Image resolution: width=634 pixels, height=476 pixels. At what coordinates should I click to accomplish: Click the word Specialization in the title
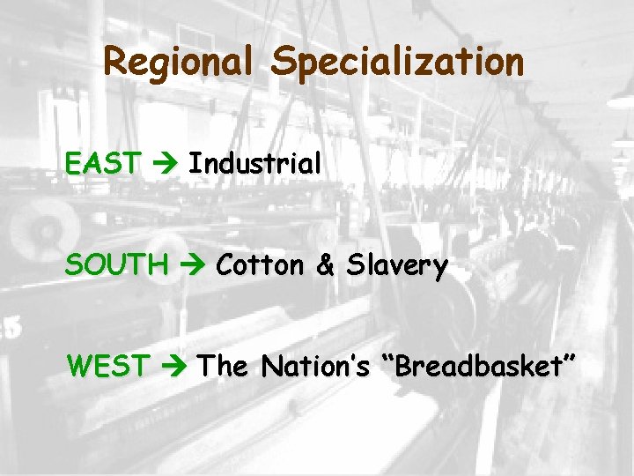[397, 63]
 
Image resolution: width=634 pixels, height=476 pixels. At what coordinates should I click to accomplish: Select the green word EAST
[102, 163]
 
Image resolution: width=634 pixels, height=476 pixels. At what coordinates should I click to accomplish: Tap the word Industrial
[254, 163]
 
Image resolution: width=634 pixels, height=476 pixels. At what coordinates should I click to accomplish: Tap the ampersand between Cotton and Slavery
[325, 265]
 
